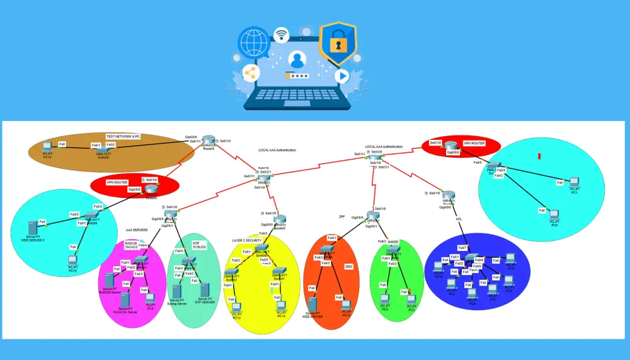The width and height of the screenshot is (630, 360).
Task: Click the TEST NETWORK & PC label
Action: [x=123, y=136]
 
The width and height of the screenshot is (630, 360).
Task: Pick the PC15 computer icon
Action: [x=72, y=258]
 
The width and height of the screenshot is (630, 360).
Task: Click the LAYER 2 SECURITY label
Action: [x=247, y=240]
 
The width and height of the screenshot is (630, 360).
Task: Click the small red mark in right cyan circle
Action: [x=539, y=156]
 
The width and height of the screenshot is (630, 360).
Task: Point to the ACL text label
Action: [x=459, y=219]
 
